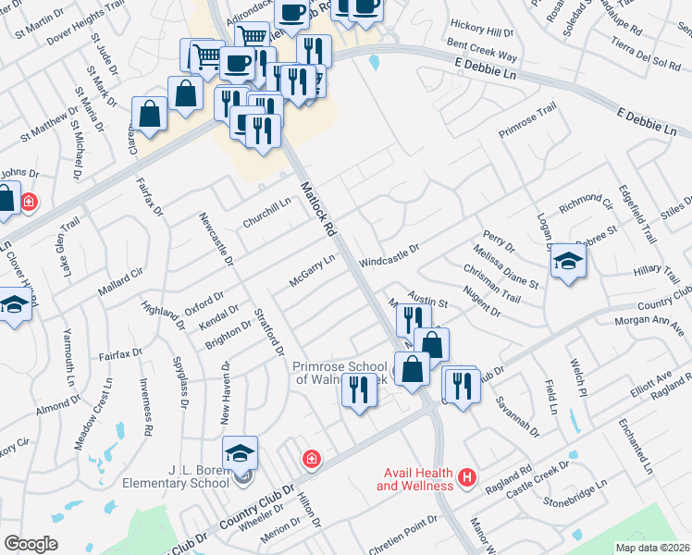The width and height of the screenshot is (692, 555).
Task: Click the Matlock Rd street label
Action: pos(317,206)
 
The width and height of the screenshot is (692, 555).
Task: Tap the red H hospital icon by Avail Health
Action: pos(467,478)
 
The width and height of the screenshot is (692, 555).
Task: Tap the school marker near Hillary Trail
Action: pos(569,261)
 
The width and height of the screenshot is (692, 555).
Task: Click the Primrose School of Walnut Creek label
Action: pos(340,373)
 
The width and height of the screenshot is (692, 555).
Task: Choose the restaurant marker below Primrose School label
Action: pos(358,390)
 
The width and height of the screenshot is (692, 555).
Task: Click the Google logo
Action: pos(31,544)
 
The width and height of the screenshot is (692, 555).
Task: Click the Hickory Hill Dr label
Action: pos(481,29)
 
